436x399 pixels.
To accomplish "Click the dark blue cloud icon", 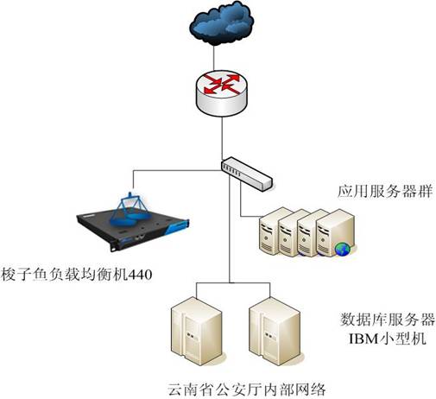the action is (x=222, y=23).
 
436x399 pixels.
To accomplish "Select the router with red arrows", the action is (x=222, y=93).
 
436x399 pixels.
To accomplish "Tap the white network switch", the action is (x=247, y=174).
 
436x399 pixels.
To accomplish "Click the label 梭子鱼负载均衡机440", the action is (x=76, y=275).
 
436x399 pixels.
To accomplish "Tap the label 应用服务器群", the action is (x=385, y=191).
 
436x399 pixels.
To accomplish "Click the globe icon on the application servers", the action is (x=342, y=249).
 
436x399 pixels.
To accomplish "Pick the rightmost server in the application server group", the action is (x=335, y=232).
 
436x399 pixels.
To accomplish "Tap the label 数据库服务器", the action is (x=388, y=320).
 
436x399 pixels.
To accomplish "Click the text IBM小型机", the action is (x=388, y=339).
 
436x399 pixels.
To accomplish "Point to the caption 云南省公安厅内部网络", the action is (x=247, y=389).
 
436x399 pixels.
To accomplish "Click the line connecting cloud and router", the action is (x=213, y=58).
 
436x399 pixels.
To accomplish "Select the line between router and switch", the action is (x=222, y=138).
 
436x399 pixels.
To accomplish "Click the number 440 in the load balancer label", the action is (x=140, y=275).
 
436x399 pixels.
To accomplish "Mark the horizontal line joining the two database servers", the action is (x=233, y=282).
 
